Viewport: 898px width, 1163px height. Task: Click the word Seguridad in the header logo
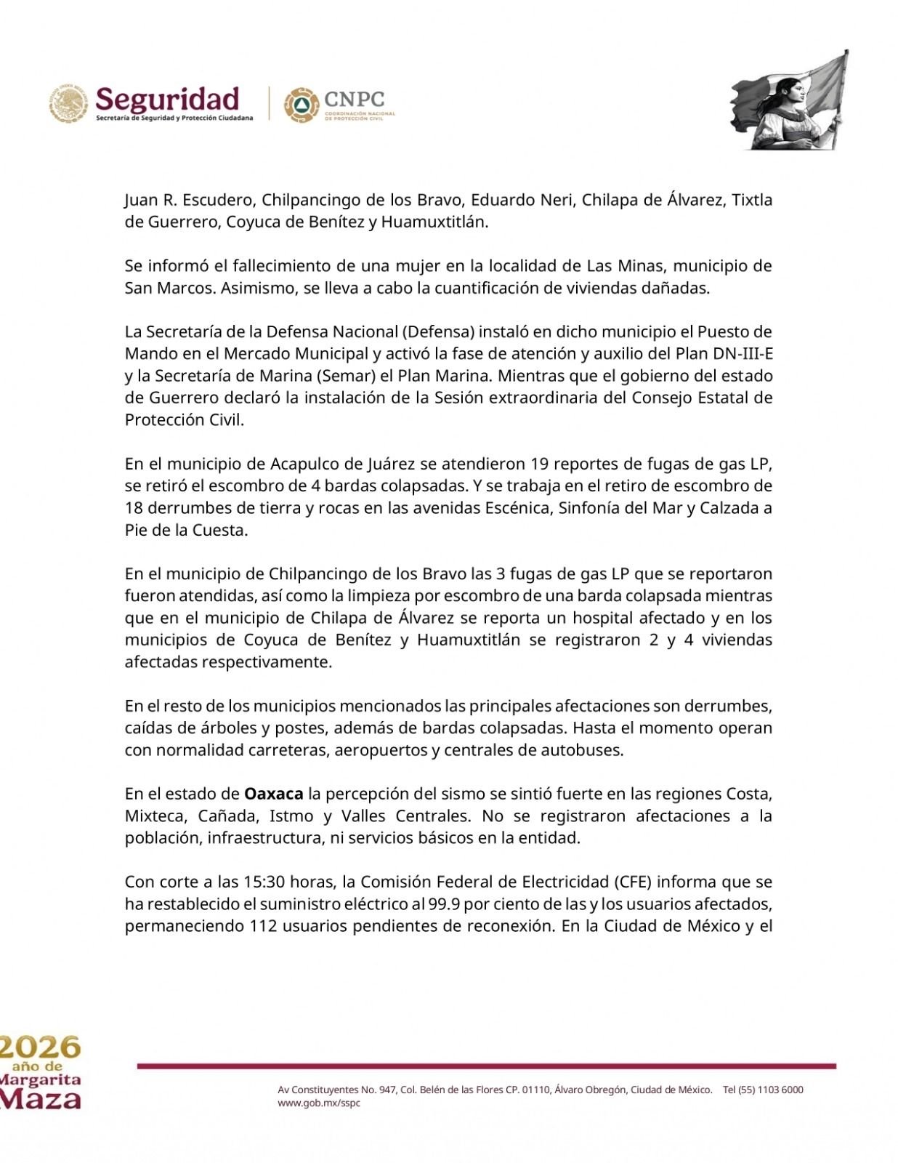pyautogui.click(x=167, y=100)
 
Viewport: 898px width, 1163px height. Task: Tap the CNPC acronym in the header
pyautogui.click(x=355, y=99)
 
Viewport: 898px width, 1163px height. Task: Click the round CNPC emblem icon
pyautogui.click(x=301, y=105)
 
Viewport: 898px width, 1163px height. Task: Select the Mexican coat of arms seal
pyautogui.click(x=69, y=103)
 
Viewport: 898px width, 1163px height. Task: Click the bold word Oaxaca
pyautogui.click(x=273, y=793)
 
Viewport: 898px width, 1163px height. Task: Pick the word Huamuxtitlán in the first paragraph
pyautogui.click(x=433, y=222)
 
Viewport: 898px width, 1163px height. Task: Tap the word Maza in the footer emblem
pyautogui.click(x=40, y=1098)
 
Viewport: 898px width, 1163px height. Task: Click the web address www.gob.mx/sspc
pyautogui.click(x=319, y=1103)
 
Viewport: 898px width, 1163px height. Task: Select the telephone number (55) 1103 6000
pyautogui.click(x=771, y=1090)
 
